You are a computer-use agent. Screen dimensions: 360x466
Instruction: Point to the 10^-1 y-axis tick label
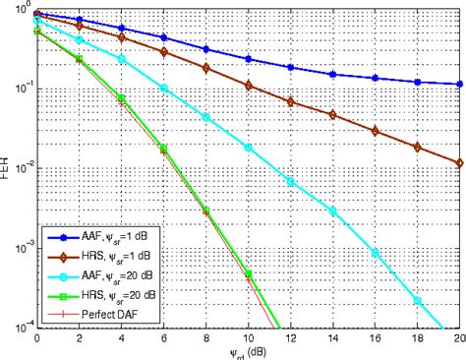[20, 90]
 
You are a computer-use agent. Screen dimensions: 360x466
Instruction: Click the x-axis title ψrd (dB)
[247, 352]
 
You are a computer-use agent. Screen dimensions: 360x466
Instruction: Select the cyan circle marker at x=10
[249, 148]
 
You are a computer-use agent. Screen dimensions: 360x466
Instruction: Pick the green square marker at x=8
[206, 210]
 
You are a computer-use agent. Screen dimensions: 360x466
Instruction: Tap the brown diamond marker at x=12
[291, 101]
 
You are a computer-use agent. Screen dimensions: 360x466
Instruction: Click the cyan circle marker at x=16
[376, 252]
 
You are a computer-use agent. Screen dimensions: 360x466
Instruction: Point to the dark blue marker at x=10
[249, 59]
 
